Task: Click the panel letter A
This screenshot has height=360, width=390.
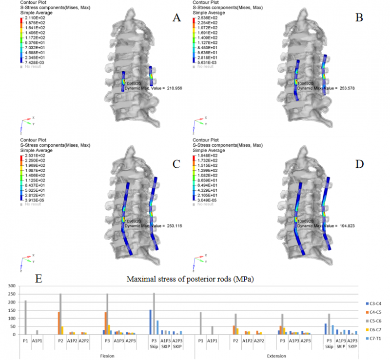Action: (x=177, y=19)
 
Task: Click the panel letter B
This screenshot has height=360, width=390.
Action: (x=359, y=19)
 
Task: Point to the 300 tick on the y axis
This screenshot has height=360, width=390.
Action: (x=12, y=286)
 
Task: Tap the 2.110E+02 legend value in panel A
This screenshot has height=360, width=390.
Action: (x=35, y=19)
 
